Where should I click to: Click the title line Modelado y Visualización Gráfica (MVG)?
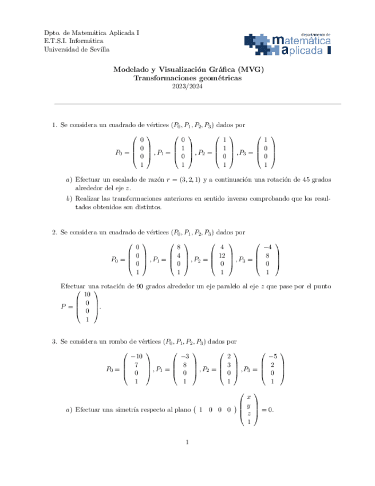click(188, 69)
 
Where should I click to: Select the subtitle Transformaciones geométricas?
click(188, 78)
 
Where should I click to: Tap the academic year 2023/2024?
click(188, 87)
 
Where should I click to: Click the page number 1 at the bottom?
click(187, 442)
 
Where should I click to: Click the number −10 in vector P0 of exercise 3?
click(136, 356)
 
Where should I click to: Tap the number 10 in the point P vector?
click(87, 295)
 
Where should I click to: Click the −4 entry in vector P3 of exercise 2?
click(267, 247)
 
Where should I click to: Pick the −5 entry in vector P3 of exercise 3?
click(273, 356)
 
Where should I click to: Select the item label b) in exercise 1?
click(69, 199)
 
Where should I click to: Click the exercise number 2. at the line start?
click(54, 232)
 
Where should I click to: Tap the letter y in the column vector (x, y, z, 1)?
click(248, 405)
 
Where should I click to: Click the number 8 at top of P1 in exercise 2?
click(179, 247)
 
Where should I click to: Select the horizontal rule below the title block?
click(197, 104)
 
